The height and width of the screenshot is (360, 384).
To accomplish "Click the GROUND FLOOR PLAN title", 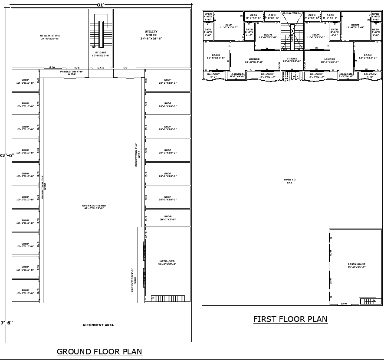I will [x=99, y=351].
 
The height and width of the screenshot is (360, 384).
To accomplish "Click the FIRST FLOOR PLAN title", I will [x=290, y=319].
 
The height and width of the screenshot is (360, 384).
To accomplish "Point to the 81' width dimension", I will [x=101, y=5].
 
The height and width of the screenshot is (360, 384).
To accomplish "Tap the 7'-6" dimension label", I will [x=7, y=323].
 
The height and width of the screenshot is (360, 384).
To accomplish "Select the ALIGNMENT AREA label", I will [x=98, y=325].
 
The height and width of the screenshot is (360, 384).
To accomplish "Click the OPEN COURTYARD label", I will [x=94, y=207].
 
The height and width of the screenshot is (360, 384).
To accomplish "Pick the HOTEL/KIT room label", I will [x=167, y=262].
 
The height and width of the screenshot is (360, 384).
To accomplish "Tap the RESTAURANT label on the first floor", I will [x=356, y=266].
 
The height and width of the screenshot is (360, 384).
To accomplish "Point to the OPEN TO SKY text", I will [x=289, y=181].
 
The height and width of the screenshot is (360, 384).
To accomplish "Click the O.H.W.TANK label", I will [x=292, y=13].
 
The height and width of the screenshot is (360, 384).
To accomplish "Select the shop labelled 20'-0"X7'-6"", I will [x=167, y=218].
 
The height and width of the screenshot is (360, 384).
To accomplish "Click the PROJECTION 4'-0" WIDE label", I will [x=72, y=73].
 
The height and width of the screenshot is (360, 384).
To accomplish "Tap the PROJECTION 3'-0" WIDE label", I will [x=134, y=280].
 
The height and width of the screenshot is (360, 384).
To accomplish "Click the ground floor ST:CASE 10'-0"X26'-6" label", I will [x=100, y=54].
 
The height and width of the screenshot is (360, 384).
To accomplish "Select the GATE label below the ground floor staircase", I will [x=101, y=68].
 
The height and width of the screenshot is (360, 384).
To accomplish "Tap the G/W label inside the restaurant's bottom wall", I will [x=344, y=304].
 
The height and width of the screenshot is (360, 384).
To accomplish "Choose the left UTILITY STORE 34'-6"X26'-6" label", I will [x=50, y=37].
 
